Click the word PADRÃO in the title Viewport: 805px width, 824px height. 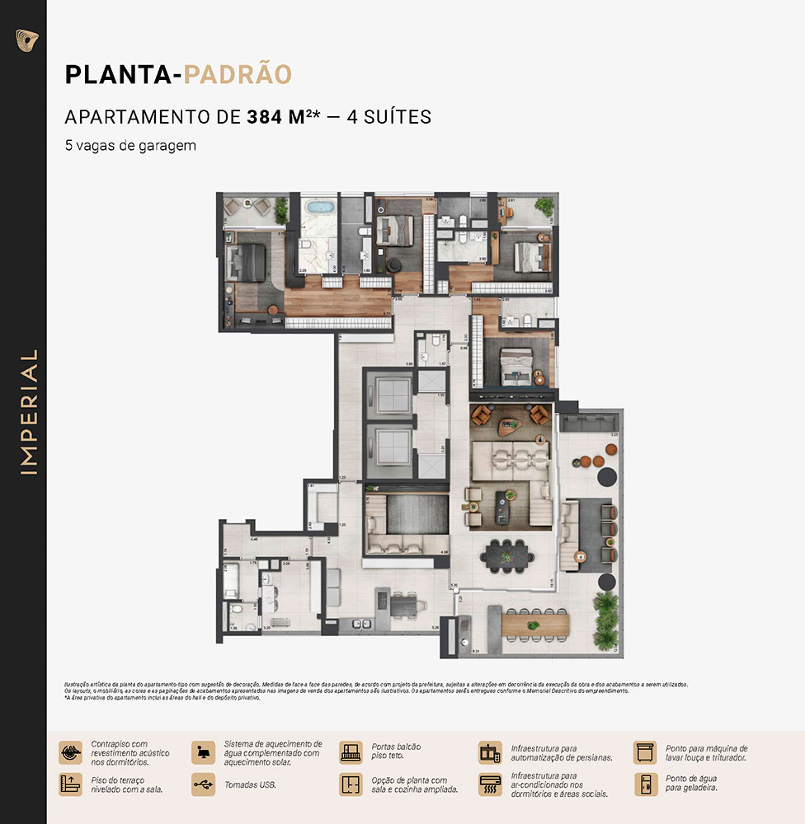tap(238, 74)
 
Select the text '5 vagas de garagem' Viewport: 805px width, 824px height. tap(130, 145)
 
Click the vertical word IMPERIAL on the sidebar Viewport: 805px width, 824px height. tap(30, 412)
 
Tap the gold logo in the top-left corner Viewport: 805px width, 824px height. tap(27, 40)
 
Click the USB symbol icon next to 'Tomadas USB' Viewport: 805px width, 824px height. tap(203, 784)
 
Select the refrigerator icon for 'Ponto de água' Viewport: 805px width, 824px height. tap(646, 784)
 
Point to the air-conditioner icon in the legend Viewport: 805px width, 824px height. tap(490, 784)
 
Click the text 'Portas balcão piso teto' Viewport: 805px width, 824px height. tap(396, 751)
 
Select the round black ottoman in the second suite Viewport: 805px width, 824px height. tap(393, 264)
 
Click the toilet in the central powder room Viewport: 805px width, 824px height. tap(421, 356)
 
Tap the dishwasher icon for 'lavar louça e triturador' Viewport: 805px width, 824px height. tap(646, 752)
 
